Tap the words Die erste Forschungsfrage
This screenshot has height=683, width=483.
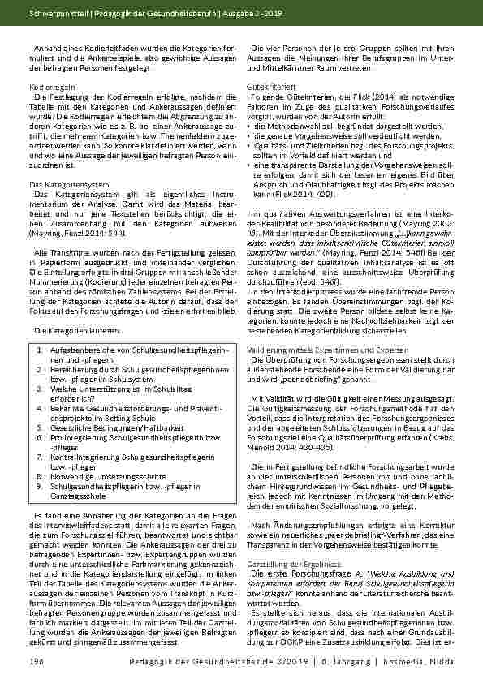tap(297, 572)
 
